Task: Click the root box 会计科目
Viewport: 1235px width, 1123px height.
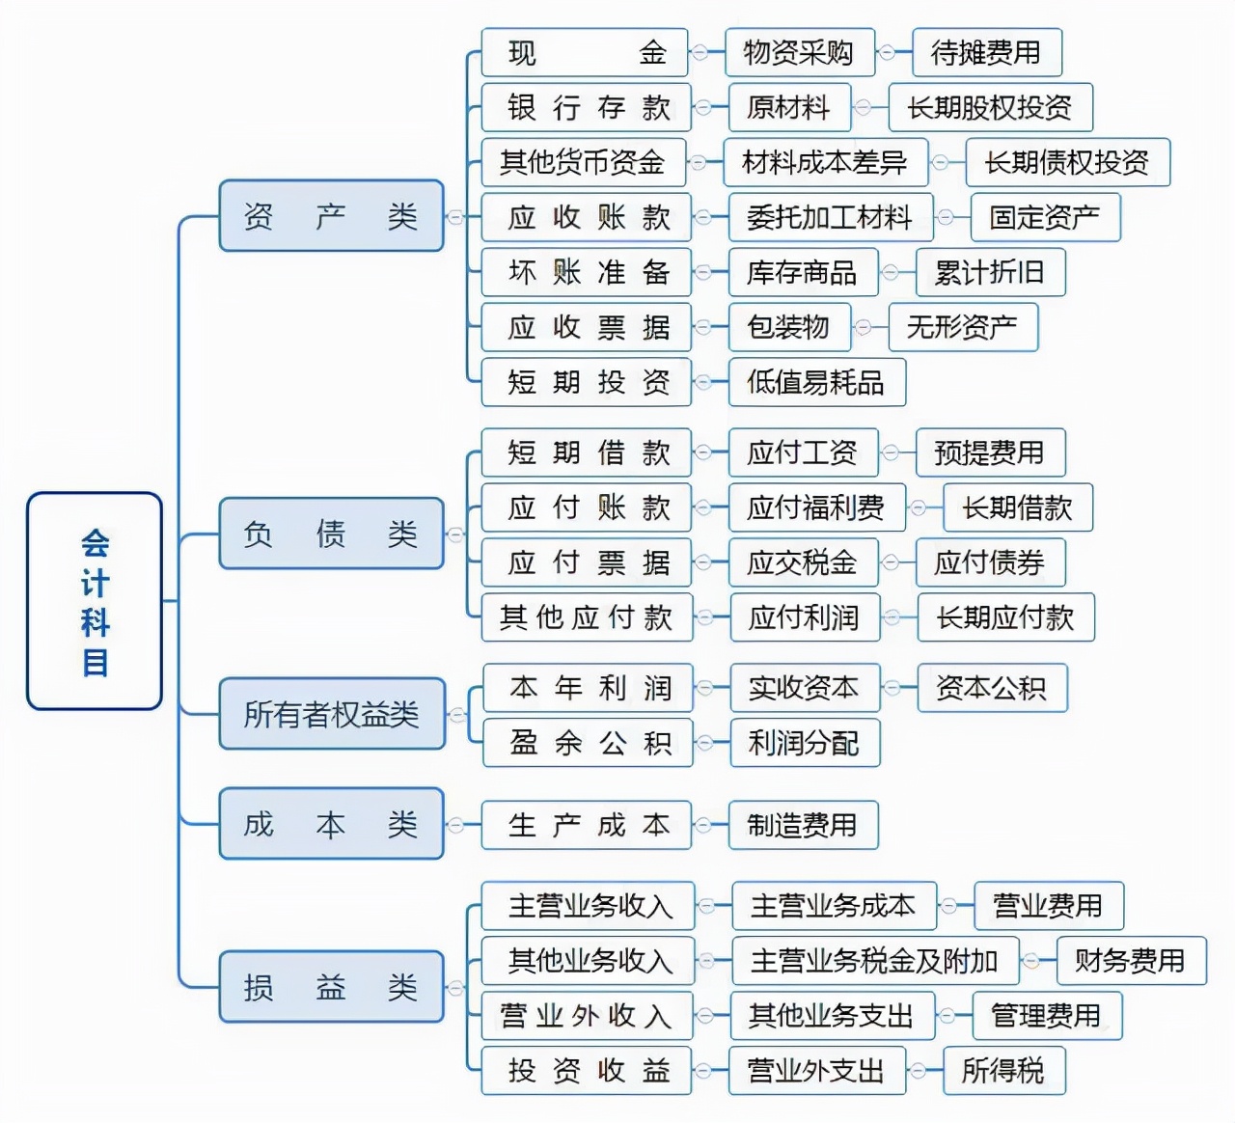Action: coord(95,601)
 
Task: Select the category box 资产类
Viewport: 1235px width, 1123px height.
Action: coord(331,216)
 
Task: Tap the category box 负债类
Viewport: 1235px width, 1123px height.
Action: coord(331,534)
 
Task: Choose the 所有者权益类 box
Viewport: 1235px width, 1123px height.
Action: coord(331,714)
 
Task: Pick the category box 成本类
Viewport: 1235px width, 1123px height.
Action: coord(331,824)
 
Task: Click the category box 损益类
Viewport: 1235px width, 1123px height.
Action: coord(331,987)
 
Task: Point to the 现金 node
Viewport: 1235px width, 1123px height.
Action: coord(586,52)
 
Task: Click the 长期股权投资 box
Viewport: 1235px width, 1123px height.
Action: coord(990,107)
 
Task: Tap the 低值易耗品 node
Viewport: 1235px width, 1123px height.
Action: coord(816,382)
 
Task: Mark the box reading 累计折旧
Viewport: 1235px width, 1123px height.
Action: coord(990,272)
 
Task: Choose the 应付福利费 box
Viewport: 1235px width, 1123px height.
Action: coord(816,507)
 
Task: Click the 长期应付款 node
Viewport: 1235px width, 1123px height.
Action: coord(1004,617)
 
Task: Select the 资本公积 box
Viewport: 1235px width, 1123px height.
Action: coord(991,688)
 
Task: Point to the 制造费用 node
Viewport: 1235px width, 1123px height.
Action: coord(803,825)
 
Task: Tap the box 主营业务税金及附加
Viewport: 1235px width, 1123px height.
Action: coord(875,961)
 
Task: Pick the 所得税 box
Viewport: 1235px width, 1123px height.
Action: coord(1003,1070)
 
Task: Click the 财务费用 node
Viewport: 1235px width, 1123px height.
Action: coord(1129,961)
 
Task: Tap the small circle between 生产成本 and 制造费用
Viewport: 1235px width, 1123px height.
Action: coord(705,825)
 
